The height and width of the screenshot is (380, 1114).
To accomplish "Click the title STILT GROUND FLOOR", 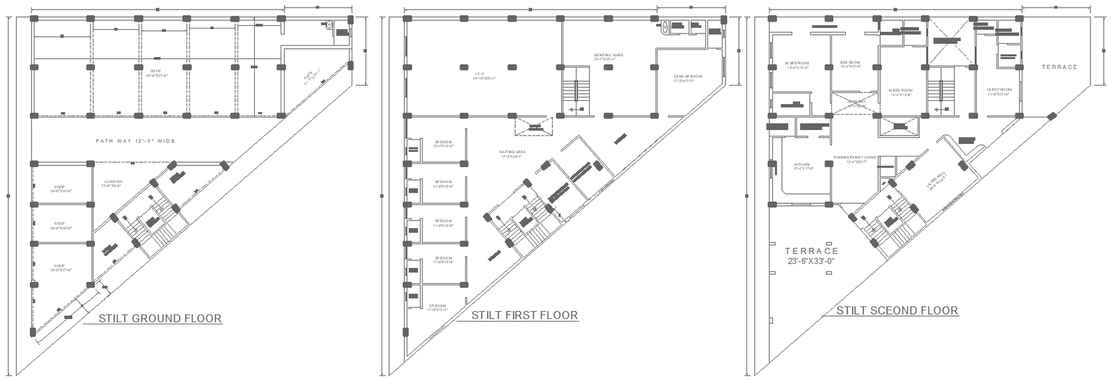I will point(160,319).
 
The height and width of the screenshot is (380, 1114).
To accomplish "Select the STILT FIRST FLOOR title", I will point(524,315).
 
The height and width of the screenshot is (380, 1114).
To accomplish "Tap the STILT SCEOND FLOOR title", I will point(897,310).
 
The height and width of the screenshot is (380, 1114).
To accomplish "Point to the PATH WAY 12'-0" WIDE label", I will point(135,141).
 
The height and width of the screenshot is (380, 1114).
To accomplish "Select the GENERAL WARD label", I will point(608,56).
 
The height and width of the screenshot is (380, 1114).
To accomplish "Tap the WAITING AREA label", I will point(511,154).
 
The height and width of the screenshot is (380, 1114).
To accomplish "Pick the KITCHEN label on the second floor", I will point(801,166).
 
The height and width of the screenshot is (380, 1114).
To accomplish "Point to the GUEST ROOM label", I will point(998,91).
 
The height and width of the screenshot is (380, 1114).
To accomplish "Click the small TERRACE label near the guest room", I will point(1059,68).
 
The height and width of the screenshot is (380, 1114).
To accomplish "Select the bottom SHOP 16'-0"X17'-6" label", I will point(58,268).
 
